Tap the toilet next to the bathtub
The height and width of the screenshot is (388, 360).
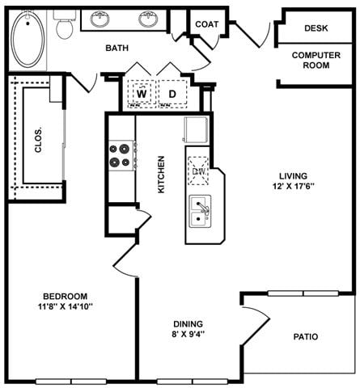(x=64, y=25)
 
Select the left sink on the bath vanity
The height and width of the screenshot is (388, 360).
(x=101, y=18)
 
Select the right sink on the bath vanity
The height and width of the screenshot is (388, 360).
(x=148, y=18)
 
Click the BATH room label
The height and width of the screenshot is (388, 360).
(x=118, y=48)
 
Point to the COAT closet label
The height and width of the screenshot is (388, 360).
(x=207, y=24)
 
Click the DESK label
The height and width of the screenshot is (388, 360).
(x=316, y=28)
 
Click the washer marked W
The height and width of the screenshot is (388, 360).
(x=141, y=94)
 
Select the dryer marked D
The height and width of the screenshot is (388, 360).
(x=172, y=94)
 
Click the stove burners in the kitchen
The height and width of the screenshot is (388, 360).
(x=121, y=154)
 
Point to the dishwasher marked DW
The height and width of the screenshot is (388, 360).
(x=199, y=171)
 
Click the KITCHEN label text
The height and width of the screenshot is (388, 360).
(x=161, y=174)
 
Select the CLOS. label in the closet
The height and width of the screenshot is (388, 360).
(x=38, y=141)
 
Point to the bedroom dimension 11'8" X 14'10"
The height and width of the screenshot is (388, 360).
(x=66, y=306)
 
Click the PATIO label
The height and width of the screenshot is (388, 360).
(x=305, y=337)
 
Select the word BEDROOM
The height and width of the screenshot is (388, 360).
(x=66, y=296)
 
